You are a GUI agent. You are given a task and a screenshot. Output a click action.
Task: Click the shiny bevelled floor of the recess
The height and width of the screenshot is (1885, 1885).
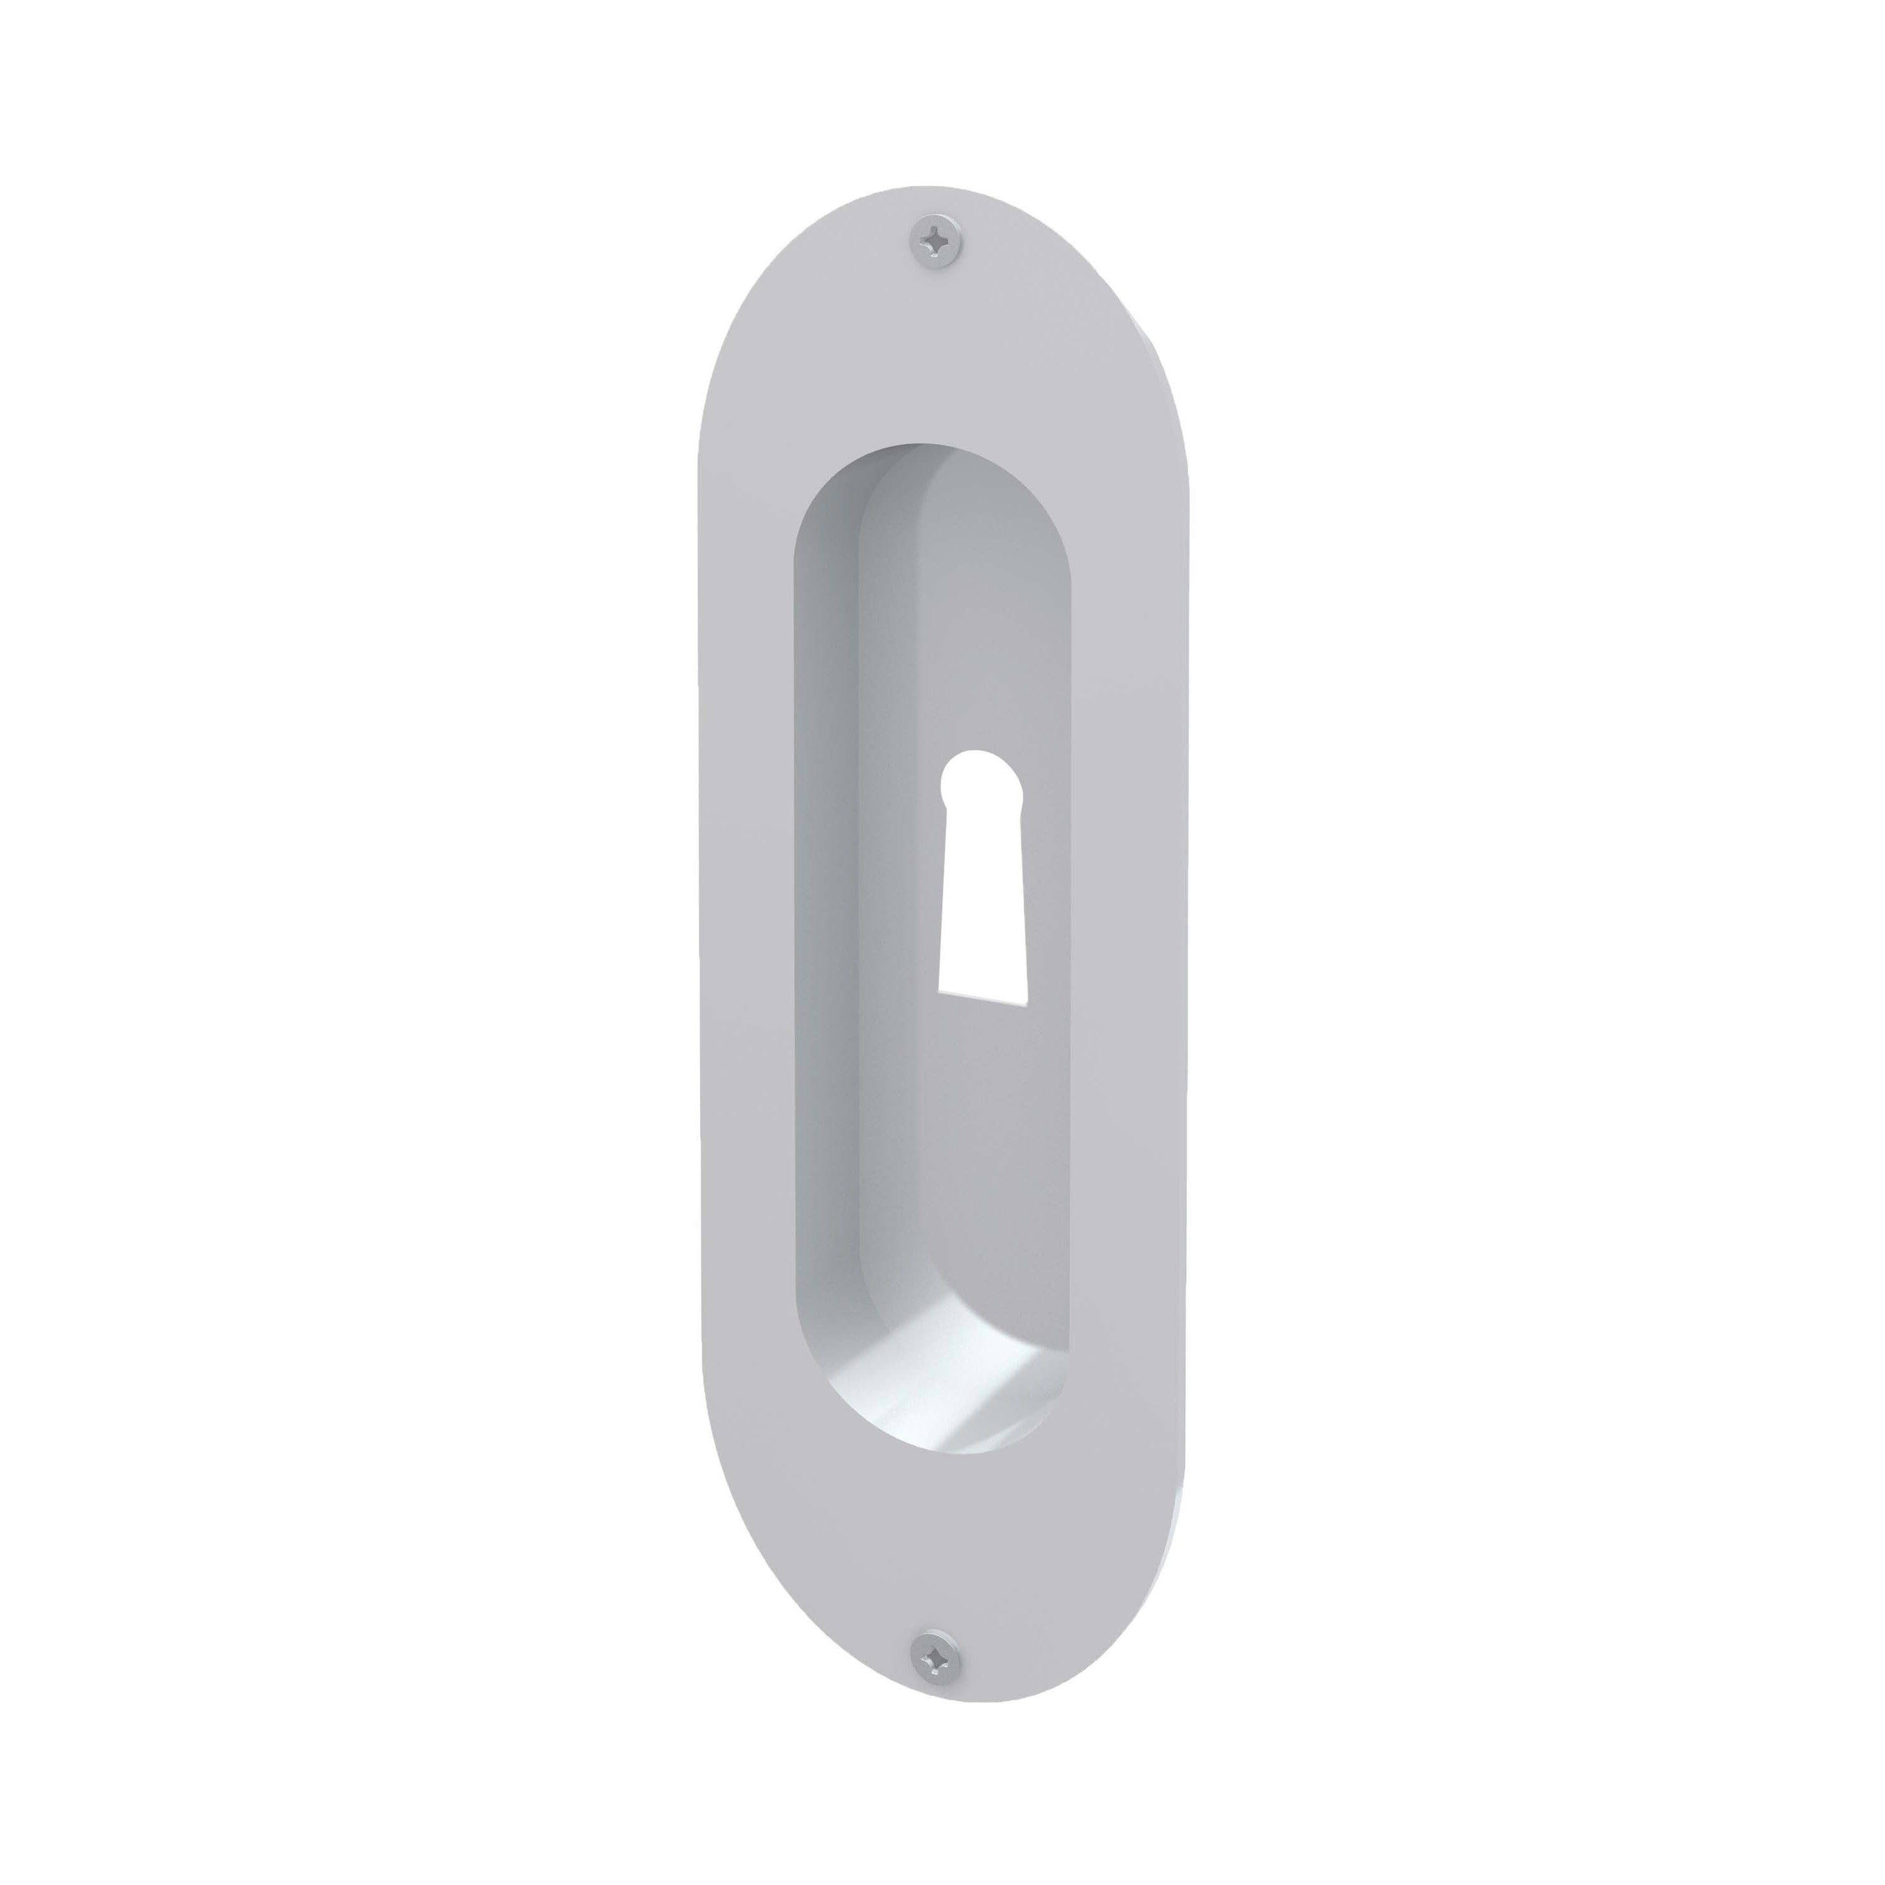pos(937,1385)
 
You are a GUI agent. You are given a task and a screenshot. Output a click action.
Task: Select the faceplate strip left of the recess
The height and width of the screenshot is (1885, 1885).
pos(746,927)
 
